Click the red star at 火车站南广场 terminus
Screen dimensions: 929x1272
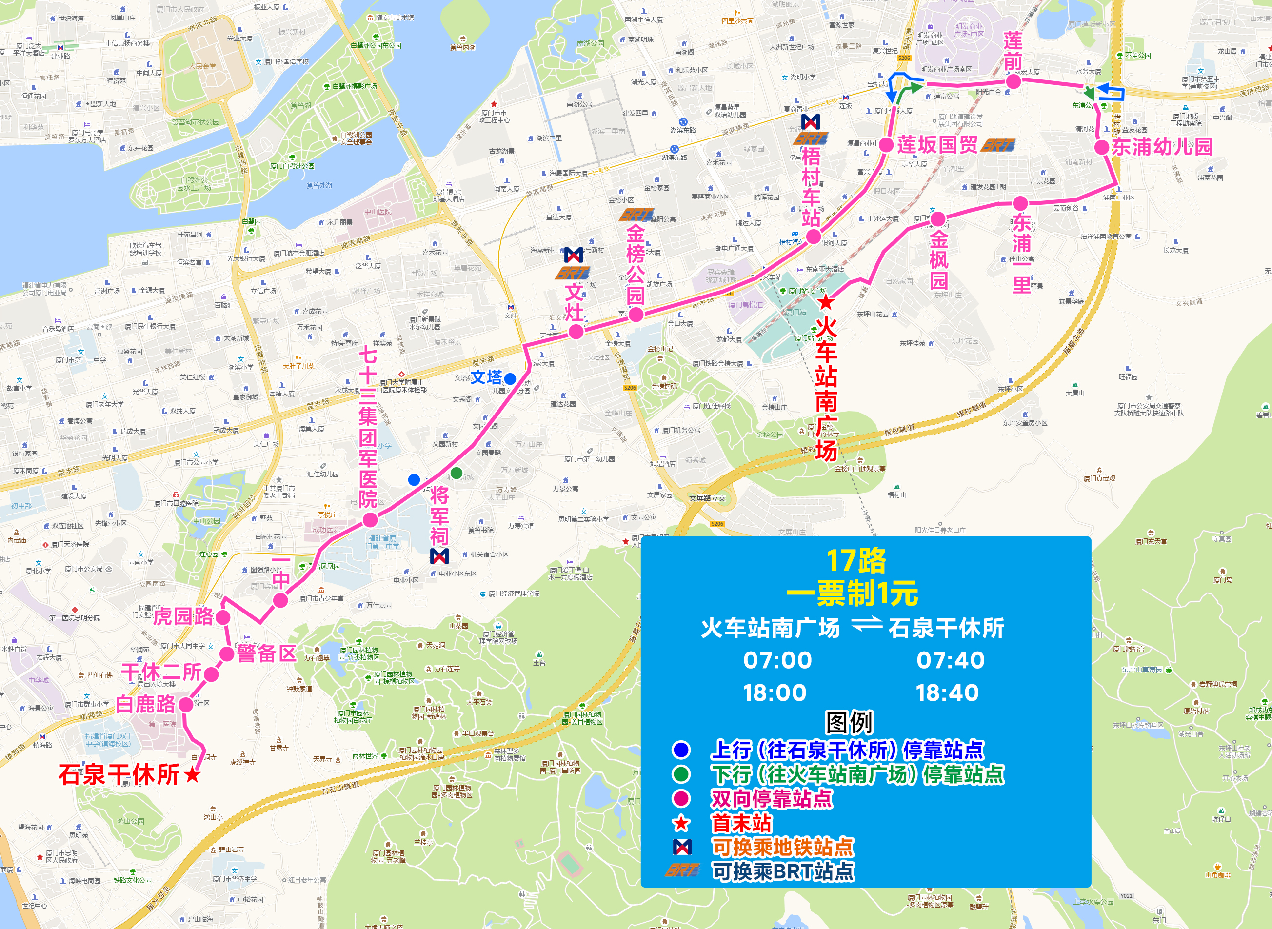pos(826,302)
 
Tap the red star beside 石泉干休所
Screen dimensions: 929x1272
pos(192,775)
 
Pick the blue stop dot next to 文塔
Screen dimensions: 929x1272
pos(510,378)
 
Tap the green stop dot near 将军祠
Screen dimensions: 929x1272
pos(457,473)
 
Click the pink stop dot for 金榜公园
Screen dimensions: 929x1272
pos(636,315)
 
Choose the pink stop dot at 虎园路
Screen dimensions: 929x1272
pos(223,617)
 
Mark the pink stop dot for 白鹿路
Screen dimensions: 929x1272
pos(185,704)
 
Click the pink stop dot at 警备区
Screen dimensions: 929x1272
pos(227,654)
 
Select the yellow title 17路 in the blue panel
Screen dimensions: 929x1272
pos(856,561)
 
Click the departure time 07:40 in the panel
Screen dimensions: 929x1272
pos(951,660)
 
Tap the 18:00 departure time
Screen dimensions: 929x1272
pos(775,693)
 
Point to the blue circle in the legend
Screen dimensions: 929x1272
pos(681,750)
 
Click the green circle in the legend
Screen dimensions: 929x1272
pos(681,774)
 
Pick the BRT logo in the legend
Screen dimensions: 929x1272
pos(682,870)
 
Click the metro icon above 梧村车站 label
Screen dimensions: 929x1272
pos(810,121)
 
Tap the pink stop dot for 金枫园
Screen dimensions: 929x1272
pos(937,219)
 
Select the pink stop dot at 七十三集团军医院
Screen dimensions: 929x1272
pos(370,520)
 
